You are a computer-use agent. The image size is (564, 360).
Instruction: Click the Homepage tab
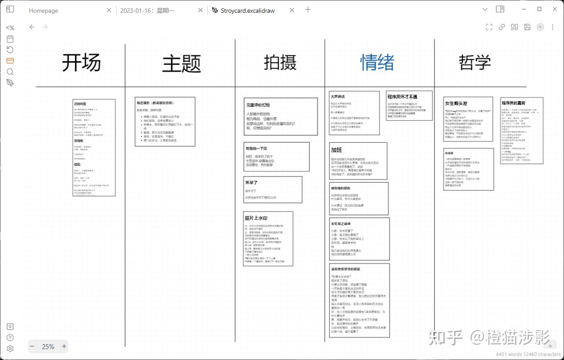pyautogui.click(x=43, y=11)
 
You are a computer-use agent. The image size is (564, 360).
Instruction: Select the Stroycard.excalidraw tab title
pyautogui.click(x=247, y=11)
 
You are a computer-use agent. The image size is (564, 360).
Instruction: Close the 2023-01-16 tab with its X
pyautogui.click(x=201, y=10)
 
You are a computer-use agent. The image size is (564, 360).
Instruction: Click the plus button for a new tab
pyautogui.click(x=308, y=10)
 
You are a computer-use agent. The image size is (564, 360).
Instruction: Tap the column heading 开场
pyautogui.click(x=81, y=62)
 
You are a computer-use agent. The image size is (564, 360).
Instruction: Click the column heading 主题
pyautogui.click(x=181, y=64)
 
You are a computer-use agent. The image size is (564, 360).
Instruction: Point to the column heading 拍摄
pyautogui.click(x=280, y=62)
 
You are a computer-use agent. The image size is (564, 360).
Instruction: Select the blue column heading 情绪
pyautogui.click(x=377, y=62)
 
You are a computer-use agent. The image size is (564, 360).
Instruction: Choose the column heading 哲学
pyautogui.click(x=474, y=62)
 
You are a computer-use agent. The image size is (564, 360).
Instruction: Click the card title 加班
pyautogui.click(x=336, y=150)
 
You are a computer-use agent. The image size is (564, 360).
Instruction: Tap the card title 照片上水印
pyautogui.click(x=256, y=218)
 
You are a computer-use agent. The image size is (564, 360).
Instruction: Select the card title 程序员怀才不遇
pyautogui.click(x=402, y=97)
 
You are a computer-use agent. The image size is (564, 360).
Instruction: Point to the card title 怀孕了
pyautogui.click(x=251, y=183)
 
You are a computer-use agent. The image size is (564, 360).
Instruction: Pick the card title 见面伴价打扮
pyautogui.click(x=258, y=105)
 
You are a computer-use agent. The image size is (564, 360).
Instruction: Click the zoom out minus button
pyautogui.click(x=32, y=346)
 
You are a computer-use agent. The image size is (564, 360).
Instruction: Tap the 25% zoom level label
pyautogui.click(x=48, y=346)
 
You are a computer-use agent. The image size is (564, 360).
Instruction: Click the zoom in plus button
pyautogui.click(x=64, y=346)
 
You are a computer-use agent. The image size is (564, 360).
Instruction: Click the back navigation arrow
pyautogui.click(x=32, y=27)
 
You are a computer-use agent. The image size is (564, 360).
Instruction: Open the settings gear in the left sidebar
pyautogui.click(x=10, y=349)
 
